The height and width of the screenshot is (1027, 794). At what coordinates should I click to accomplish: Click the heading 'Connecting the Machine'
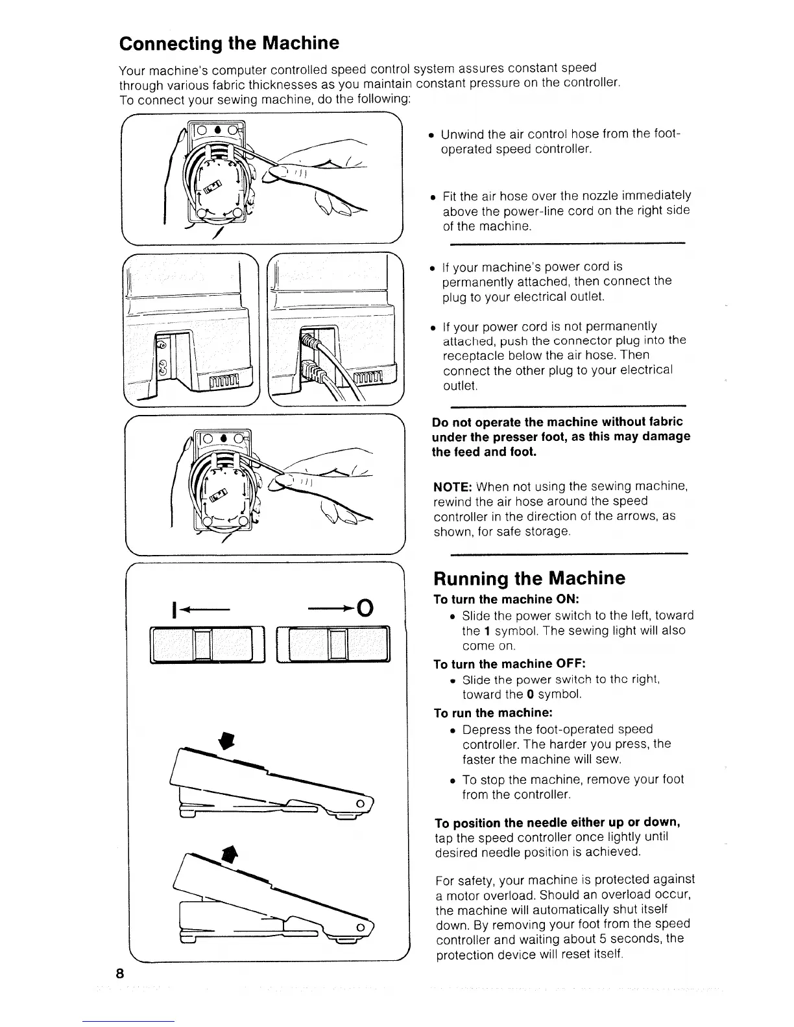tap(229, 43)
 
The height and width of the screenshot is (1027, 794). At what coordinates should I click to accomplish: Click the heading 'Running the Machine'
tap(529, 578)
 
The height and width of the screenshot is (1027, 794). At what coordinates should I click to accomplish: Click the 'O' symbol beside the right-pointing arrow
tap(365, 608)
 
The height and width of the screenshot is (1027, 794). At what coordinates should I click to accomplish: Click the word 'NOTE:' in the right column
tap(452, 486)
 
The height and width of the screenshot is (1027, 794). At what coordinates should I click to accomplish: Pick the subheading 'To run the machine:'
tap(492, 713)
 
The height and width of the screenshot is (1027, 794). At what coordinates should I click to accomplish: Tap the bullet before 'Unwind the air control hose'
tap(431, 136)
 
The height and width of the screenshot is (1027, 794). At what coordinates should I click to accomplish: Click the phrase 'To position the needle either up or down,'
tap(557, 823)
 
